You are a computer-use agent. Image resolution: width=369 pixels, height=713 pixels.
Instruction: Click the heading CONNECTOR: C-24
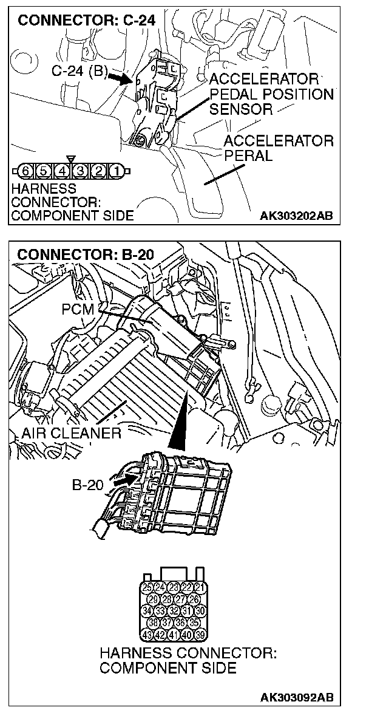86,20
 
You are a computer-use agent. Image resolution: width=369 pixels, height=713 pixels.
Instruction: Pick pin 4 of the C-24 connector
63,169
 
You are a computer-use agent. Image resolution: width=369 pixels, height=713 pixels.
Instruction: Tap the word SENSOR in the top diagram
240,109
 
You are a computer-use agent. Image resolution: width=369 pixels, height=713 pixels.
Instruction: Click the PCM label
78,309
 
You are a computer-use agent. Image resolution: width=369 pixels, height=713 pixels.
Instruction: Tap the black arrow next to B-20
123,480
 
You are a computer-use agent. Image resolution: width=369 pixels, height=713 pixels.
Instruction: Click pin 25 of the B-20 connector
146,587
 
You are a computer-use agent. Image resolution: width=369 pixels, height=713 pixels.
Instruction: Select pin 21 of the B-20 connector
201,587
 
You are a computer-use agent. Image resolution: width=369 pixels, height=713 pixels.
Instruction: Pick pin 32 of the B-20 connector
174,610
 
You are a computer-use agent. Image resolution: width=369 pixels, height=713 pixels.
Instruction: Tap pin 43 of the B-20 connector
146,635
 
